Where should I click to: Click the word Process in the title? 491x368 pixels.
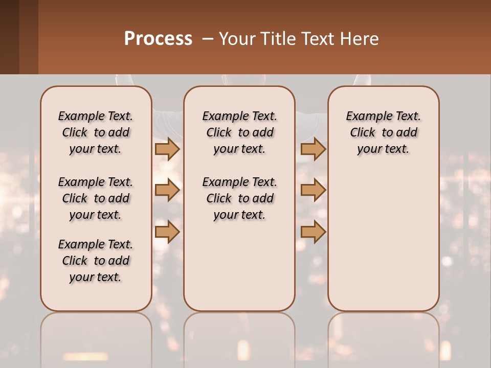(158, 39)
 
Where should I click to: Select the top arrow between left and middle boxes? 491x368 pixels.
(167, 149)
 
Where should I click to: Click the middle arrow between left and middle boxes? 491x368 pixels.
(167, 190)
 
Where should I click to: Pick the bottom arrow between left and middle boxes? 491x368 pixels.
(167, 232)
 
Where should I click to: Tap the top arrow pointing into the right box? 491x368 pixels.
(313, 149)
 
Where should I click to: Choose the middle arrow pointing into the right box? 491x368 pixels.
(313, 190)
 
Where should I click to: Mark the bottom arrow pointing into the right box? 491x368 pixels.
(313, 232)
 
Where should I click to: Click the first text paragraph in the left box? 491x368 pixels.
(96, 132)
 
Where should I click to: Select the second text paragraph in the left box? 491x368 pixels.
(96, 198)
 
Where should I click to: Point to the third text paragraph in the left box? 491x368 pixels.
(96, 261)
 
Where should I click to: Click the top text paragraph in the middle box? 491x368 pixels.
(239, 132)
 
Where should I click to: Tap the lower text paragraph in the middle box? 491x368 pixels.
(239, 198)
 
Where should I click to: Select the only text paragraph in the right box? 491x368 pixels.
(383, 132)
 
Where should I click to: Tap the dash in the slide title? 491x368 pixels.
(208, 39)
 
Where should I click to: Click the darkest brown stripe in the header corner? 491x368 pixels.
(9, 37)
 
